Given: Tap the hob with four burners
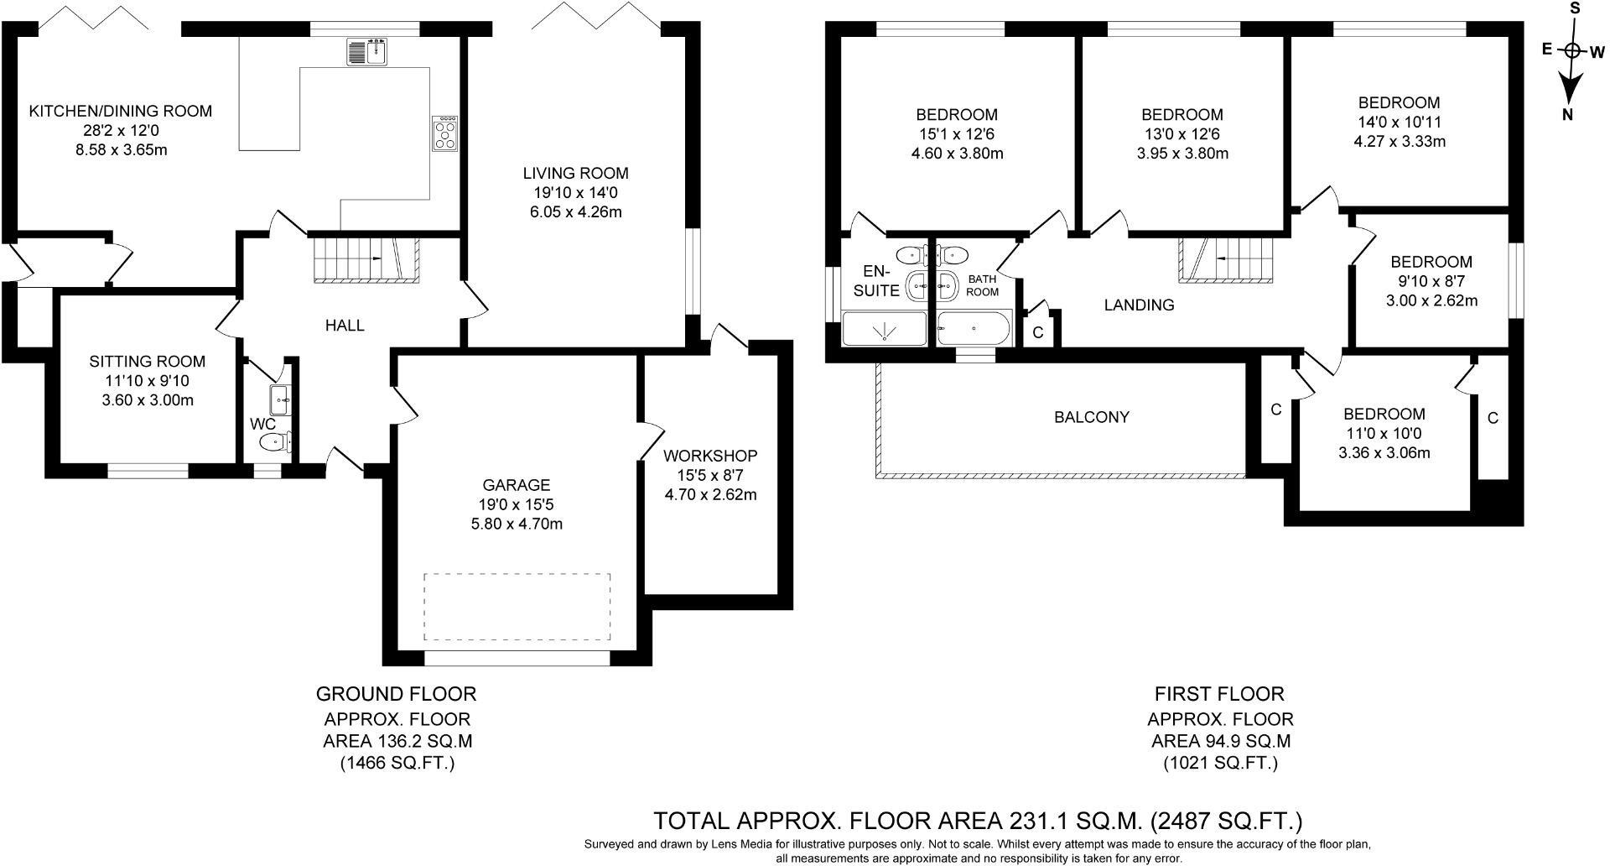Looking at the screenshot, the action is coord(445,133).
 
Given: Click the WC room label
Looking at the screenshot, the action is coord(263,425).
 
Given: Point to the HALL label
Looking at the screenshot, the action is coord(345,326).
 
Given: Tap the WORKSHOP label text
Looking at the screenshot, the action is coord(710,456).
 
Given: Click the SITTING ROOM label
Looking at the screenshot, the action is coord(148,362).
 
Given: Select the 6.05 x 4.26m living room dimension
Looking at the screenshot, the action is coord(575,212).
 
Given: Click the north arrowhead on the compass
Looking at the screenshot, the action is coord(1570,86).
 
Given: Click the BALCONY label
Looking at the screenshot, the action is coord(1091,417).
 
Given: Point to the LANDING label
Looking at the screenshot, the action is coord(1139,305).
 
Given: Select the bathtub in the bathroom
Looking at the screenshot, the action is coord(974,328).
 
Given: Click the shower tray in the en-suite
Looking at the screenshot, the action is coord(884,329).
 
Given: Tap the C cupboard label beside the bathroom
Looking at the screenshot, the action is coord(1038,333).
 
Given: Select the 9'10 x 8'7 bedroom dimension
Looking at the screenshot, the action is coord(1431,281).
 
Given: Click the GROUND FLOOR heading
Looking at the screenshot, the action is coord(396,694).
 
